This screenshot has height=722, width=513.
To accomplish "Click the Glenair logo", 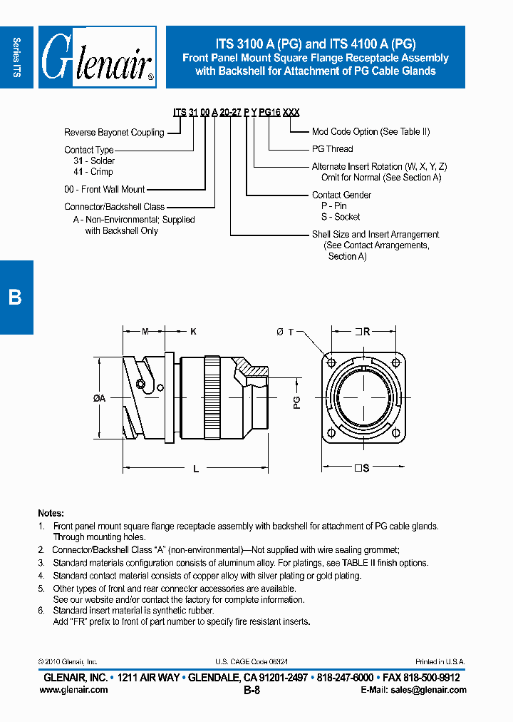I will point(98,57).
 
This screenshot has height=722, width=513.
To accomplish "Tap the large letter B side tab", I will point(16,297).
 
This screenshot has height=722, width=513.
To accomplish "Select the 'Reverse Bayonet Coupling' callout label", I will point(114,132).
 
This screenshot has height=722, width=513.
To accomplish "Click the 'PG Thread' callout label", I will point(332,149).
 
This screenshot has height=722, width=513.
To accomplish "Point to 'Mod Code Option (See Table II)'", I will point(370,131).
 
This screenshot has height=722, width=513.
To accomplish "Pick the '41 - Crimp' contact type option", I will point(93,172).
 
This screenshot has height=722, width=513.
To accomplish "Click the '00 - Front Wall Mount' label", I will point(104,189).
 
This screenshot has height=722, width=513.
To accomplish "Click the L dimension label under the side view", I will point(196,469).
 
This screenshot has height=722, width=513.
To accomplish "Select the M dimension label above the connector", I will point(145,331).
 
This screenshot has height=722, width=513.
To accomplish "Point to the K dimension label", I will point(193,331).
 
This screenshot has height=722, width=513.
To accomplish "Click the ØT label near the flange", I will point(284,332).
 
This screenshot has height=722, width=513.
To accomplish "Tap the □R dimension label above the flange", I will point(363,331).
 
